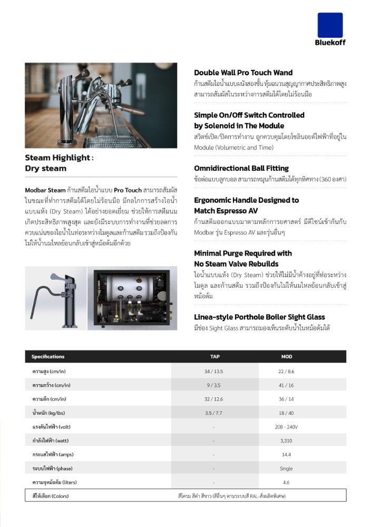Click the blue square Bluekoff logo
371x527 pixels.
(x=330, y=25)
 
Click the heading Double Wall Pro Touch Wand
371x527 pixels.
(x=243, y=73)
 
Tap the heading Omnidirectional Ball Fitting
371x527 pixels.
(x=241, y=168)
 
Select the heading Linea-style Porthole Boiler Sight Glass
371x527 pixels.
(x=259, y=317)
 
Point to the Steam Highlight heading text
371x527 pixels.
(x=59, y=158)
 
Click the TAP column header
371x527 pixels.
(x=214, y=357)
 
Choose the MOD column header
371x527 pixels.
(x=287, y=357)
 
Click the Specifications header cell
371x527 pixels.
(x=48, y=357)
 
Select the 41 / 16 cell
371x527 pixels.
(x=287, y=385)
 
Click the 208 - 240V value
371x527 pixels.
(x=287, y=427)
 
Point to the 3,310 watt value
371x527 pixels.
(x=287, y=441)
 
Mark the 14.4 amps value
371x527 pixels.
(x=287, y=454)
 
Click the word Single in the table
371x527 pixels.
(x=287, y=469)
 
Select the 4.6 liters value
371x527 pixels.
(x=287, y=482)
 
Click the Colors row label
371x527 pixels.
(x=51, y=496)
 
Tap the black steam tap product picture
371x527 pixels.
(x=55, y=299)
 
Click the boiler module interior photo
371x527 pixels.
(x=129, y=299)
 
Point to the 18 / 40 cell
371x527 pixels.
(x=287, y=413)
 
